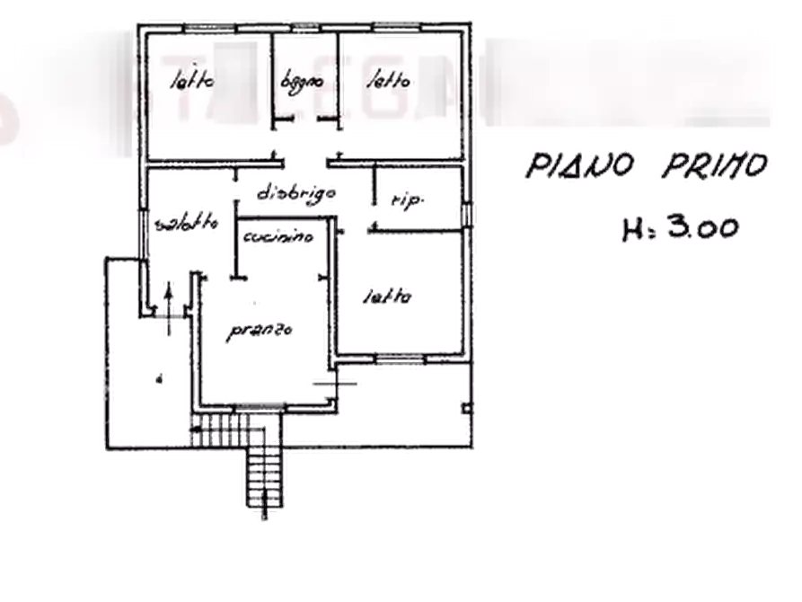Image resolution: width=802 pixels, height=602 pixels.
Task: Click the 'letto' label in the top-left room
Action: tap(193, 82)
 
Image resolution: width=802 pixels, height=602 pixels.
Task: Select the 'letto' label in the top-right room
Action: tap(388, 81)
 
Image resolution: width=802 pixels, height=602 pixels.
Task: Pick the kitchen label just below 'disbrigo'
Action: tap(278, 237)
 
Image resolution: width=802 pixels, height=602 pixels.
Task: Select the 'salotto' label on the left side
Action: tap(186, 224)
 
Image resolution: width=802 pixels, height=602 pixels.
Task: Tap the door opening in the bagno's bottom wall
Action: tap(304, 121)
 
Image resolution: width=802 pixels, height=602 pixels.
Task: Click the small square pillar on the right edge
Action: tap(467, 410)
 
